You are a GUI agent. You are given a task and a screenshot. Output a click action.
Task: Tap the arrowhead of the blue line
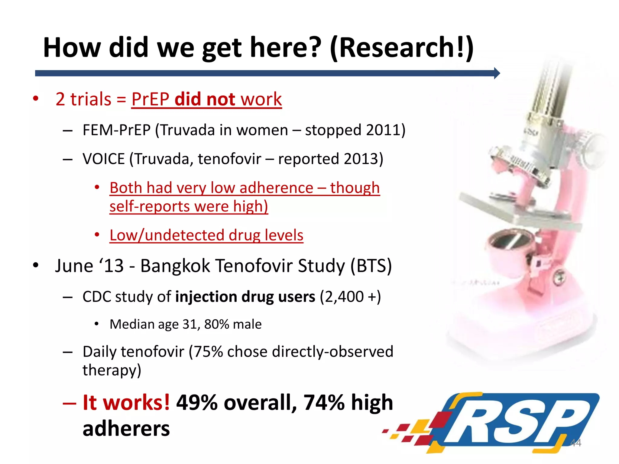pyautogui.click(x=497, y=73)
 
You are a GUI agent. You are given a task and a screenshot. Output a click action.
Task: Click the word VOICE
pyautogui.click(x=103, y=159)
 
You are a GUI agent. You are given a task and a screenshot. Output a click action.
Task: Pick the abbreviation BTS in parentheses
pyautogui.click(x=371, y=266)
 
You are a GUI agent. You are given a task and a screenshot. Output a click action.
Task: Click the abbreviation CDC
pyautogui.click(x=97, y=297)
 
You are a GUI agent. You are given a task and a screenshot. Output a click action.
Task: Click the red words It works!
pyautogui.click(x=126, y=403)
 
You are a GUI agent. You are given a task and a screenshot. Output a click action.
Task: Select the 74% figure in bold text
pyautogui.click(x=324, y=403)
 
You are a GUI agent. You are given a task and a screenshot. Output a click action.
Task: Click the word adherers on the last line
pyautogui.click(x=126, y=429)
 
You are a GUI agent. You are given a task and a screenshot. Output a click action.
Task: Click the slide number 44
pyautogui.click(x=575, y=443)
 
